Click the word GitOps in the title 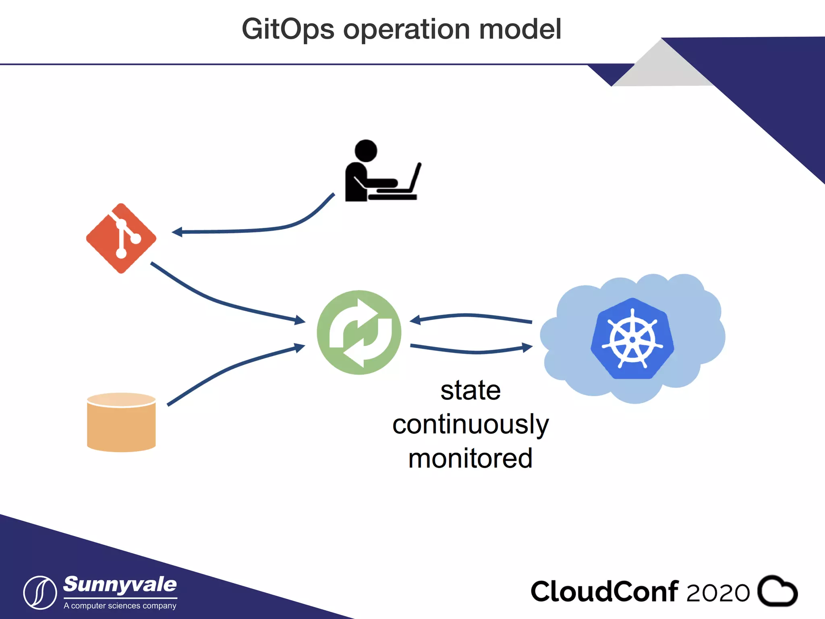click(x=288, y=30)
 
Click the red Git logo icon click(x=121, y=238)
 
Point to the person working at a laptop click(x=381, y=171)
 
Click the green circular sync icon click(x=359, y=332)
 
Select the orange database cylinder click(x=121, y=422)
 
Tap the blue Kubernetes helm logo click(x=632, y=339)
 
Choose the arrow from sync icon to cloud click(x=471, y=350)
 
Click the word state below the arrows click(x=470, y=391)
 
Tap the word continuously click(x=470, y=424)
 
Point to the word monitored click(x=470, y=458)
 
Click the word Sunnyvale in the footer click(x=120, y=585)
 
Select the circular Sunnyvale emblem click(x=40, y=592)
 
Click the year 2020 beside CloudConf click(x=717, y=592)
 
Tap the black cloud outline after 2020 click(x=777, y=591)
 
